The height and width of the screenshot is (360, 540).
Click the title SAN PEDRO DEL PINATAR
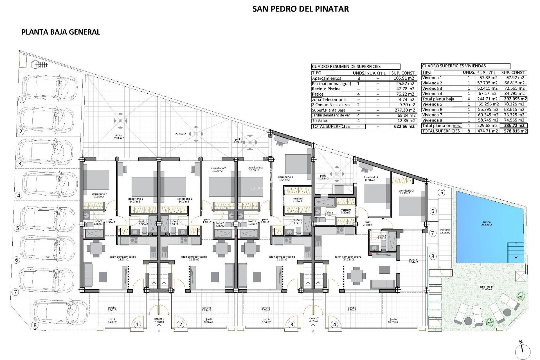pyautogui.click(x=301, y=9)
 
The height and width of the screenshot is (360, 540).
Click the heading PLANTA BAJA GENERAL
pyautogui.click(x=61, y=32)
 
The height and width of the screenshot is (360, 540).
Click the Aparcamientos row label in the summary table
pyautogui.click(x=326, y=78)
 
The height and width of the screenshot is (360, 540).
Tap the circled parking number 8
pyautogui.click(x=35, y=325)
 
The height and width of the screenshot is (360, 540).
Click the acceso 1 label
pyautogui.click(x=159, y=320)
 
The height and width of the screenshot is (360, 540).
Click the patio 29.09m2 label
pyautogui.click(x=120, y=137)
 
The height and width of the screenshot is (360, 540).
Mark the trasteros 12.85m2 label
pyautogui.click(x=445, y=231)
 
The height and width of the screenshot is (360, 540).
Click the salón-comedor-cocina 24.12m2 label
pyautogui.click(x=348, y=258)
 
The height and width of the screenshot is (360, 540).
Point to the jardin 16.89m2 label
pyautogui.click(x=393, y=321)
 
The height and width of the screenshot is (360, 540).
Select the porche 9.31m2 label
pyautogui.click(x=413, y=261)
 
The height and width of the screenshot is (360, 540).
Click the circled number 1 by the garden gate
pyautogui.click(x=137, y=325)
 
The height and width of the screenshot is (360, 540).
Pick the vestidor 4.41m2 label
pyautogui.click(x=298, y=200)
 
